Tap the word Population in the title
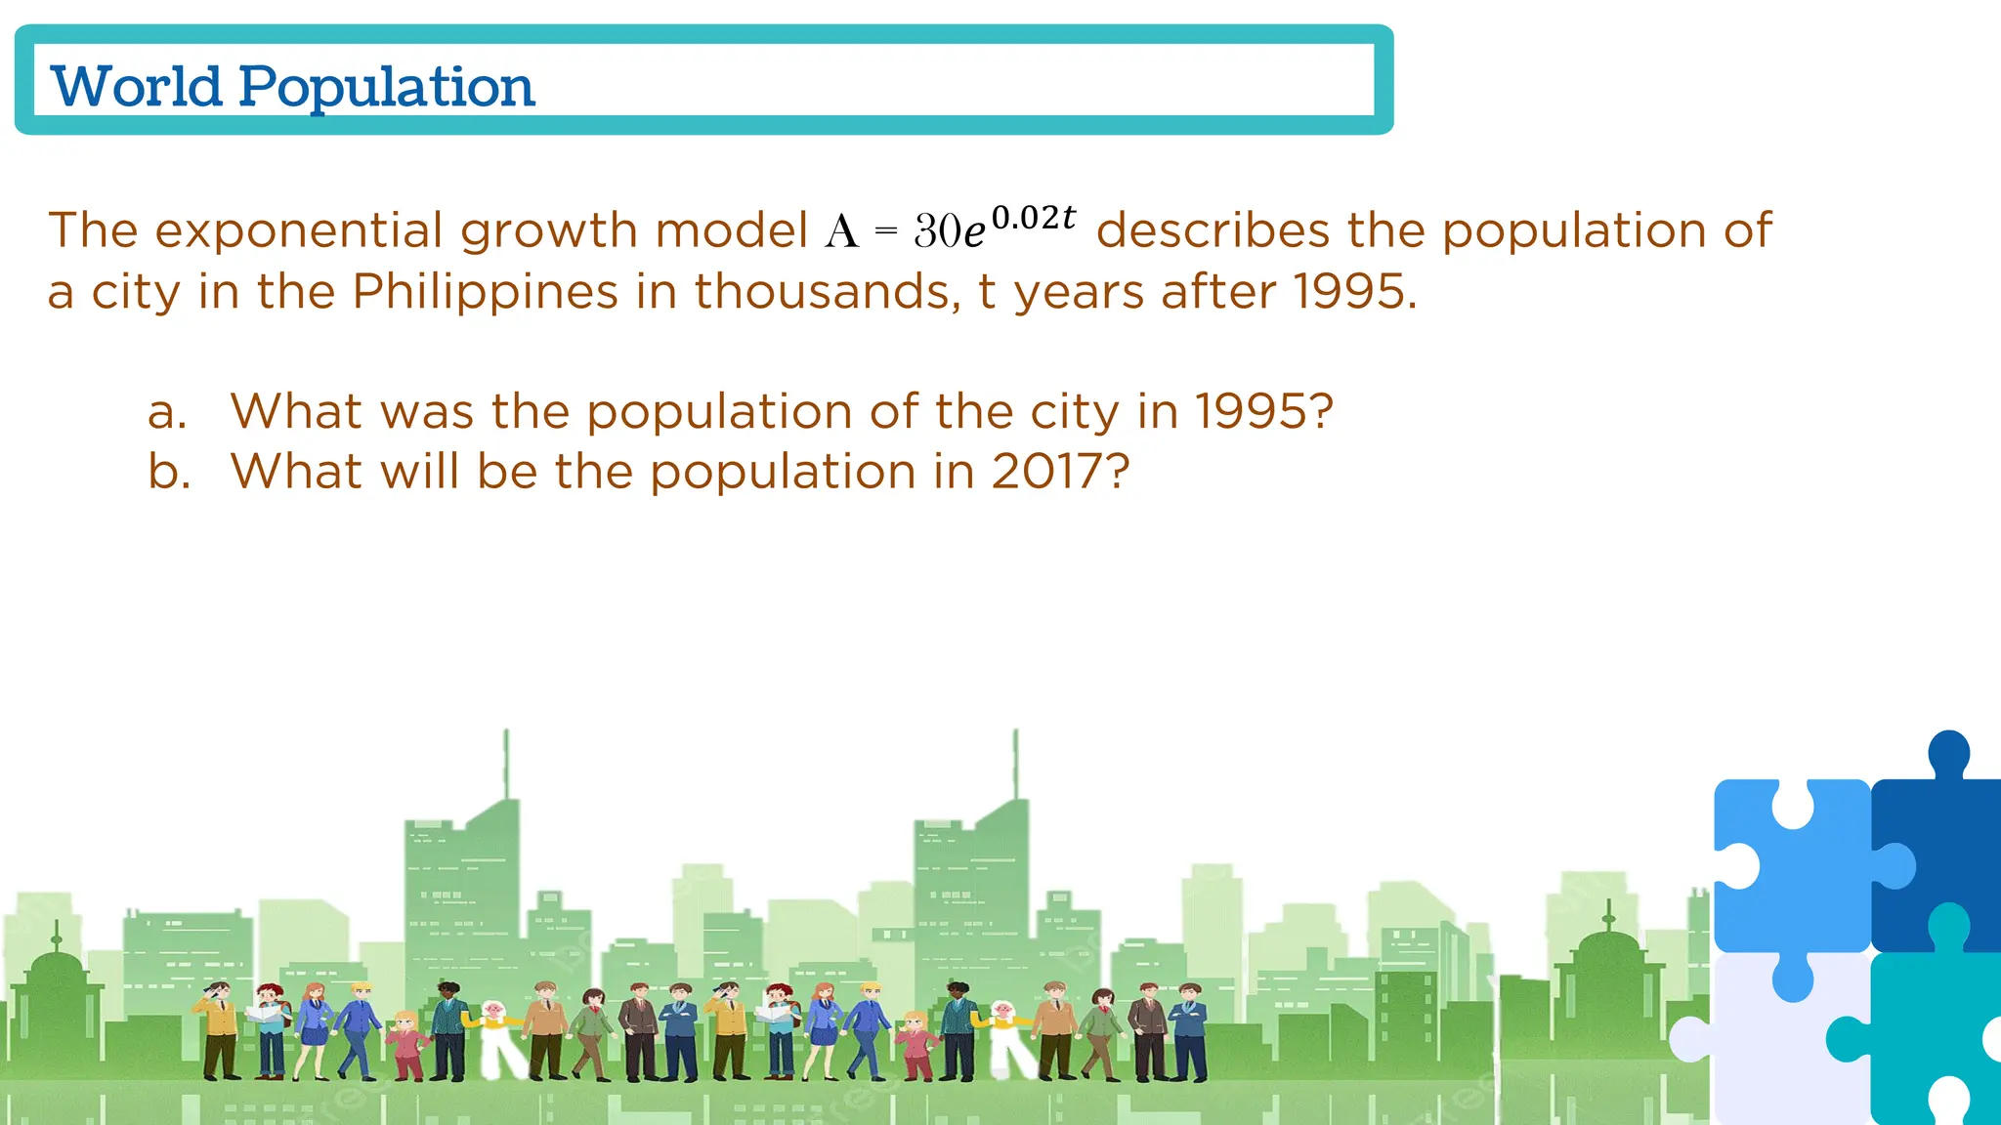click(x=387, y=88)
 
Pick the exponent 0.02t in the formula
click(x=1034, y=217)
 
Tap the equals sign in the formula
click(x=885, y=231)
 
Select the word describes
click(x=1213, y=231)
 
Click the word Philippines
click(x=485, y=292)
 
